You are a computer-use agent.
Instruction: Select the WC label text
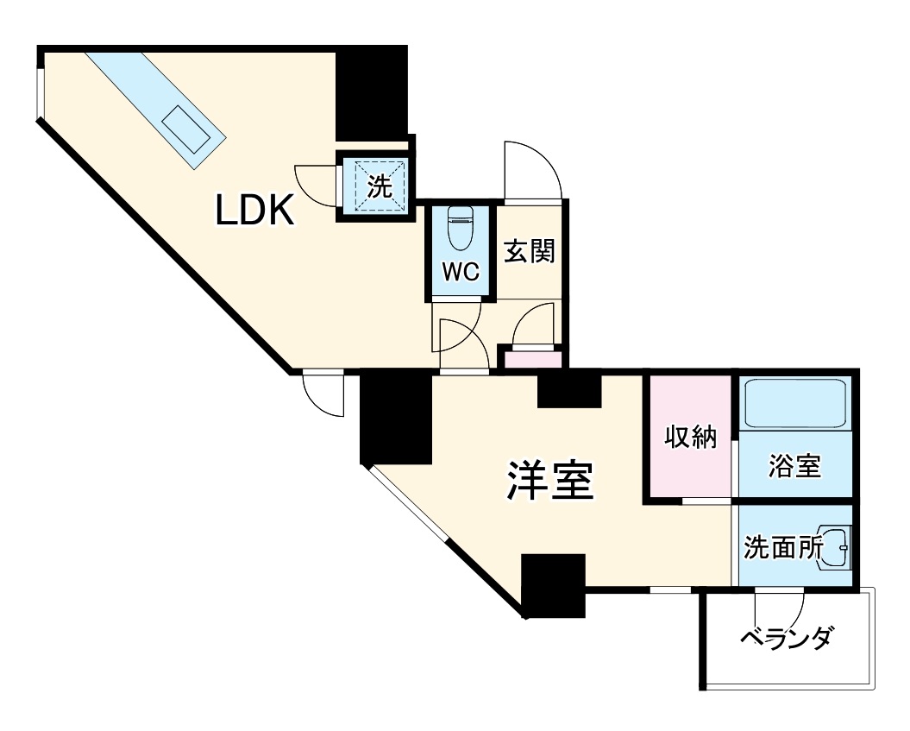pyautogui.click(x=461, y=272)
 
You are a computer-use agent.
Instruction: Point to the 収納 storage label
pyautogui.click(x=690, y=438)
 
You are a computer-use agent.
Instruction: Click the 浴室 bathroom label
pyautogui.click(x=794, y=467)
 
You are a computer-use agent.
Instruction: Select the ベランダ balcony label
pyautogui.click(x=787, y=639)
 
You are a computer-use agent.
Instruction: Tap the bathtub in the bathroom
pyautogui.click(x=794, y=403)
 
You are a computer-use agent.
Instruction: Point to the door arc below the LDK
pyautogui.click(x=324, y=393)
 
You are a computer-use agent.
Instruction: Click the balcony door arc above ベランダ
pyautogui.click(x=779, y=602)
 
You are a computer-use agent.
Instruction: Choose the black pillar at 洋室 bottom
pyautogui.click(x=553, y=584)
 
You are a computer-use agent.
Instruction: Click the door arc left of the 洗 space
pyautogui.click(x=316, y=183)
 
